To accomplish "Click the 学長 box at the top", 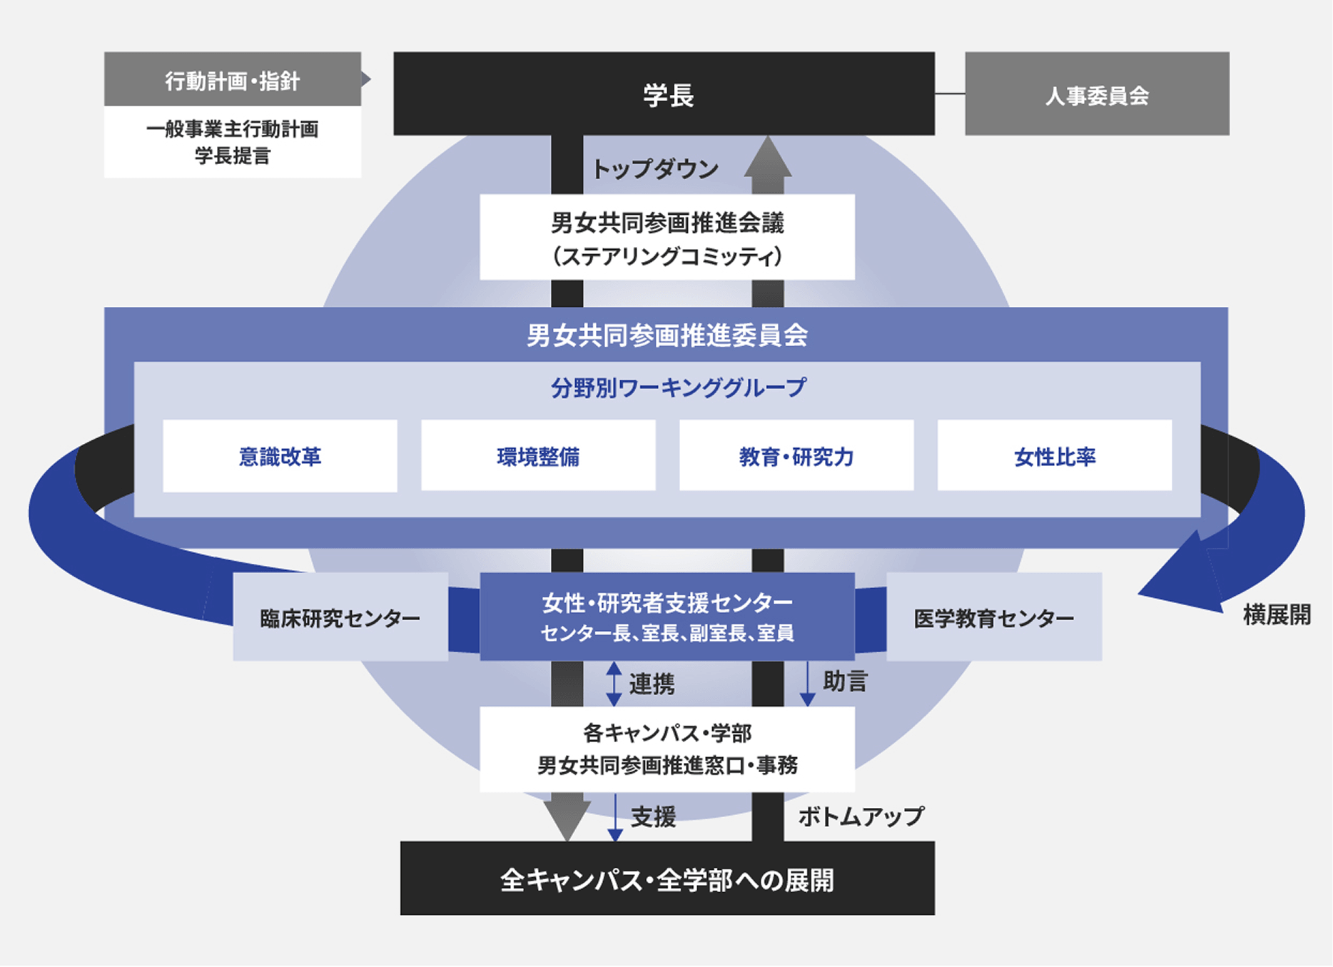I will [x=664, y=93].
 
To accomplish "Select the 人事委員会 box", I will [x=1097, y=93].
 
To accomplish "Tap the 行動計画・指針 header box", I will [x=232, y=79].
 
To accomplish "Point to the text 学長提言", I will [x=232, y=156].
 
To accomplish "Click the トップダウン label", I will [x=655, y=170].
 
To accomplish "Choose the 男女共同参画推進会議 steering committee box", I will [x=667, y=237].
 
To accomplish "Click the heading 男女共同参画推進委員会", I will [x=666, y=335].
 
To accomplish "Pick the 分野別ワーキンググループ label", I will [x=678, y=388].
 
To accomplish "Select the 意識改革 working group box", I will [x=280, y=456].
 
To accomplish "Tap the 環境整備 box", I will [x=538, y=456].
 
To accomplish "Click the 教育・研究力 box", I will [x=796, y=456].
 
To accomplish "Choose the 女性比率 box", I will [x=1055, y=456].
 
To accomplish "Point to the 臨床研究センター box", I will [x=340, y=617].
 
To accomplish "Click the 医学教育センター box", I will [x=994, y=617].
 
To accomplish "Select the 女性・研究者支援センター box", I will [x=667, y=617].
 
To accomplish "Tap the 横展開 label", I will [x=1276, y=614].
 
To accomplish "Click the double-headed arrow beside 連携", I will [x=614, y=684].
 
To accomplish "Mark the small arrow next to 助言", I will [x=807, y=684].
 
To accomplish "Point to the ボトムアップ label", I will [x=861, y=816].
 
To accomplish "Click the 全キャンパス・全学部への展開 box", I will [x=667, y=879].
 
